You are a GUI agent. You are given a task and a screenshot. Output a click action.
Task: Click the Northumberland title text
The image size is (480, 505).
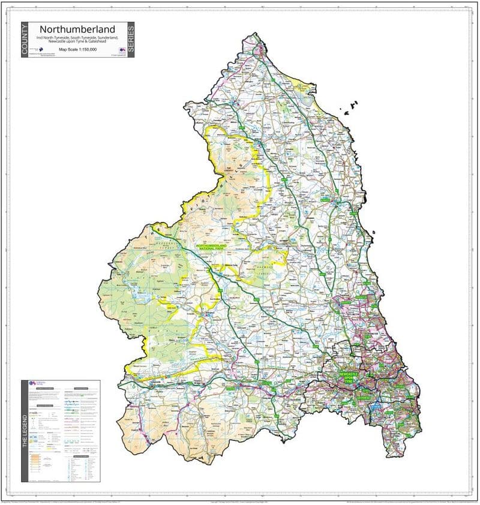pos(77,29)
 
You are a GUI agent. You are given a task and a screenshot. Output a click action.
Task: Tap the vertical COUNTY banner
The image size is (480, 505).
pos(25,40)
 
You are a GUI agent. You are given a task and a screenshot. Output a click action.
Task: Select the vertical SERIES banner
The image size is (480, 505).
pos(131,40)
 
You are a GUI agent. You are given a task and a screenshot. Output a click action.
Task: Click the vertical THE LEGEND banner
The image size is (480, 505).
pos(25,431)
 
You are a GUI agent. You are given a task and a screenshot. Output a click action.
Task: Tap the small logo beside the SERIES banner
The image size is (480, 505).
pos(122,50)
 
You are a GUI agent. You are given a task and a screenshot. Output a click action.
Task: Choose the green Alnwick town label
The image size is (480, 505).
pos(325,198)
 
